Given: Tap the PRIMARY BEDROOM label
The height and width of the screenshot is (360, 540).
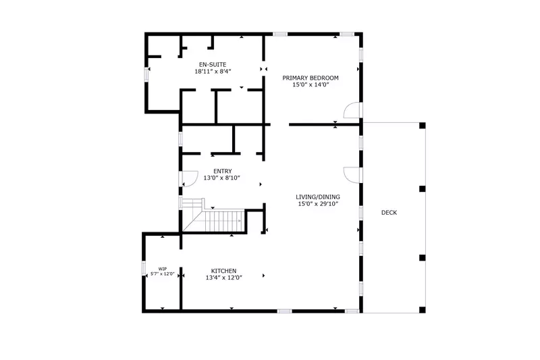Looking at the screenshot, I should pos(310,78).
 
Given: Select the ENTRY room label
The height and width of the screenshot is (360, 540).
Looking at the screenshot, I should pos(223,172).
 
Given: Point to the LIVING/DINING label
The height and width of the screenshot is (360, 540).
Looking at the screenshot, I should pos(317,197).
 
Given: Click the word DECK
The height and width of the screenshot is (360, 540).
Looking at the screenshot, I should pos(389,213).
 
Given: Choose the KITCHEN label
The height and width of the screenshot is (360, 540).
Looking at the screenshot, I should pos(224,270).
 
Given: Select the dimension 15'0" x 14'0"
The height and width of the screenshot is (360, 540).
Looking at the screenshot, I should pos(310,85).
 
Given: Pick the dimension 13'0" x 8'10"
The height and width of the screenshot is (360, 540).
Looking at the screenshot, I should pos(223,179).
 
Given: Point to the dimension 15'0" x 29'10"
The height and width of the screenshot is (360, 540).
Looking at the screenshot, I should pos(317,203).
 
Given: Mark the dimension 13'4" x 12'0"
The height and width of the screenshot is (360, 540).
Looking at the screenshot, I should pos(224,277).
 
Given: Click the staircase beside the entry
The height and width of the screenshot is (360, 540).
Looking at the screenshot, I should pos(216,217).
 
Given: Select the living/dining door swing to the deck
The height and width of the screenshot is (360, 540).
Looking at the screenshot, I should pos(352,174).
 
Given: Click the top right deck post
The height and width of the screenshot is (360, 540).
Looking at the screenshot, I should pos(423,126).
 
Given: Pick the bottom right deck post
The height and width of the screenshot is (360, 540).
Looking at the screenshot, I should pos(423,309).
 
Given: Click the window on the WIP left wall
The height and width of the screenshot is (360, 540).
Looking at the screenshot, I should pos(144,269).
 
